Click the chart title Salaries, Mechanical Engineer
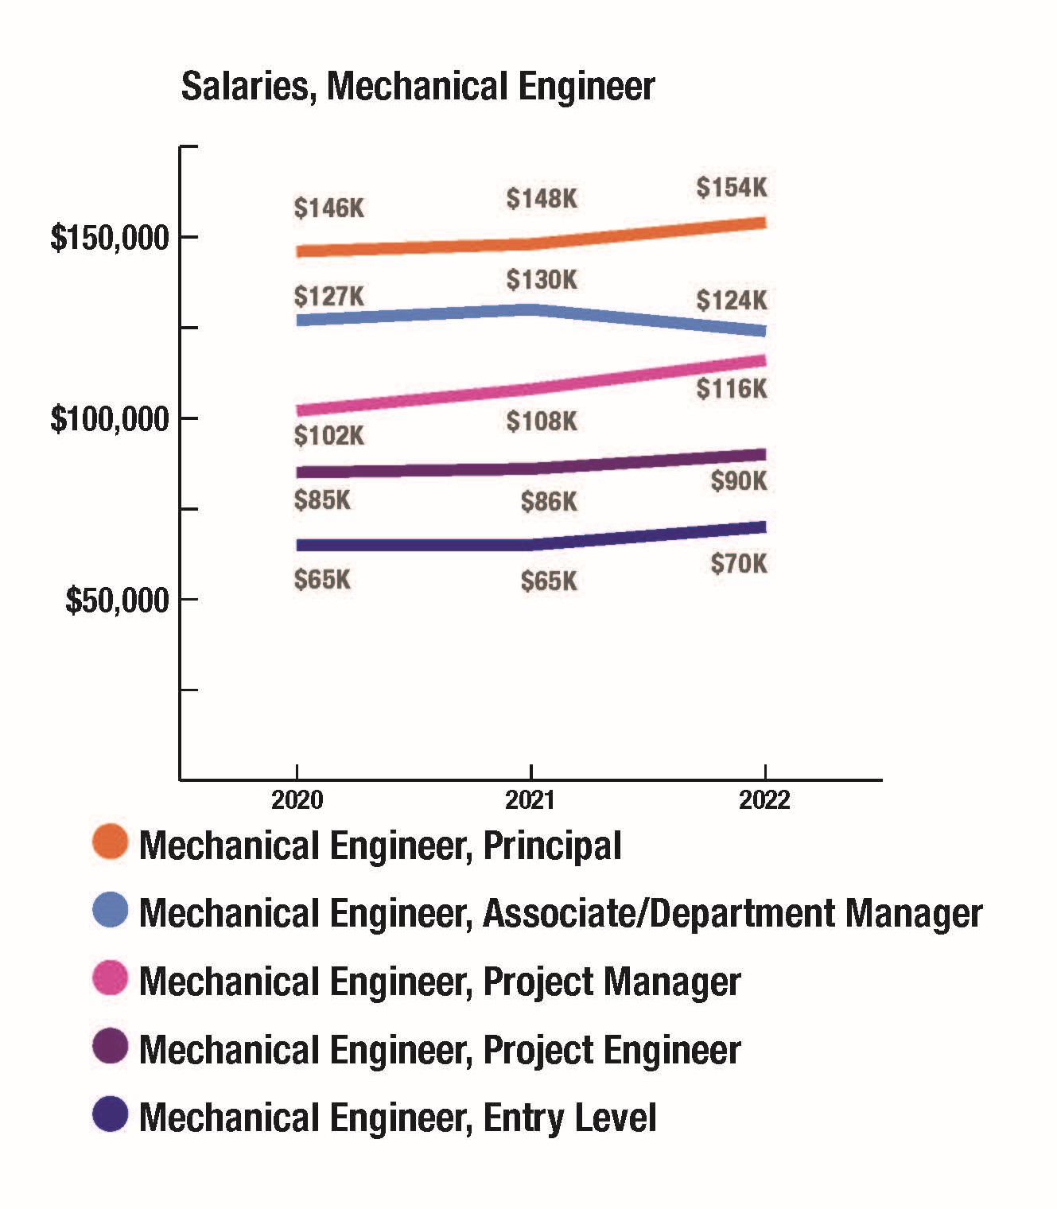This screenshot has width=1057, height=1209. pos(418,87)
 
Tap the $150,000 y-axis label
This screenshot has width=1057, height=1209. pos(110,237)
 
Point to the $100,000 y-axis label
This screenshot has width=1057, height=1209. pos(110,418)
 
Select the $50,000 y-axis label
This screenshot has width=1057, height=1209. pos(117,600)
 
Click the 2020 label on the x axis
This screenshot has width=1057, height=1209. pos(297,799)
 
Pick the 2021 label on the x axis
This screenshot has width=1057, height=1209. pos(530,799)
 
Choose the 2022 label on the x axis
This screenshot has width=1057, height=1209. pos(764,799)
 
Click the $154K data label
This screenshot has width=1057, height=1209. pos(732,188)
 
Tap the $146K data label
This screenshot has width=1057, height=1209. pos(328,208)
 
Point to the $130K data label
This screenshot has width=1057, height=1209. pos(542,280)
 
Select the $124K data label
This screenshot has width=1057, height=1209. pos(732,301)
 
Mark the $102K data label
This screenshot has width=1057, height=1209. pos(328,436)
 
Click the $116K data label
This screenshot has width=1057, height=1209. pos(732,389)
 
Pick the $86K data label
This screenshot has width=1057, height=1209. pos(549,502)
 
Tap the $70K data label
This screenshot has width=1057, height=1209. pos(739,564)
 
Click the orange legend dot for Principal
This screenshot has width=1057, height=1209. pos(110,842)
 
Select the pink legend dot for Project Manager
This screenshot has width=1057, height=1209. pos(110,978)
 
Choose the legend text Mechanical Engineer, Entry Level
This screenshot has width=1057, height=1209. pos(398,1118)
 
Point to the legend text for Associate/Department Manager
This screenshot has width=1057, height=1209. pos(561,913)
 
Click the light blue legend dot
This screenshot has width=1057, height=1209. pos(110,910)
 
